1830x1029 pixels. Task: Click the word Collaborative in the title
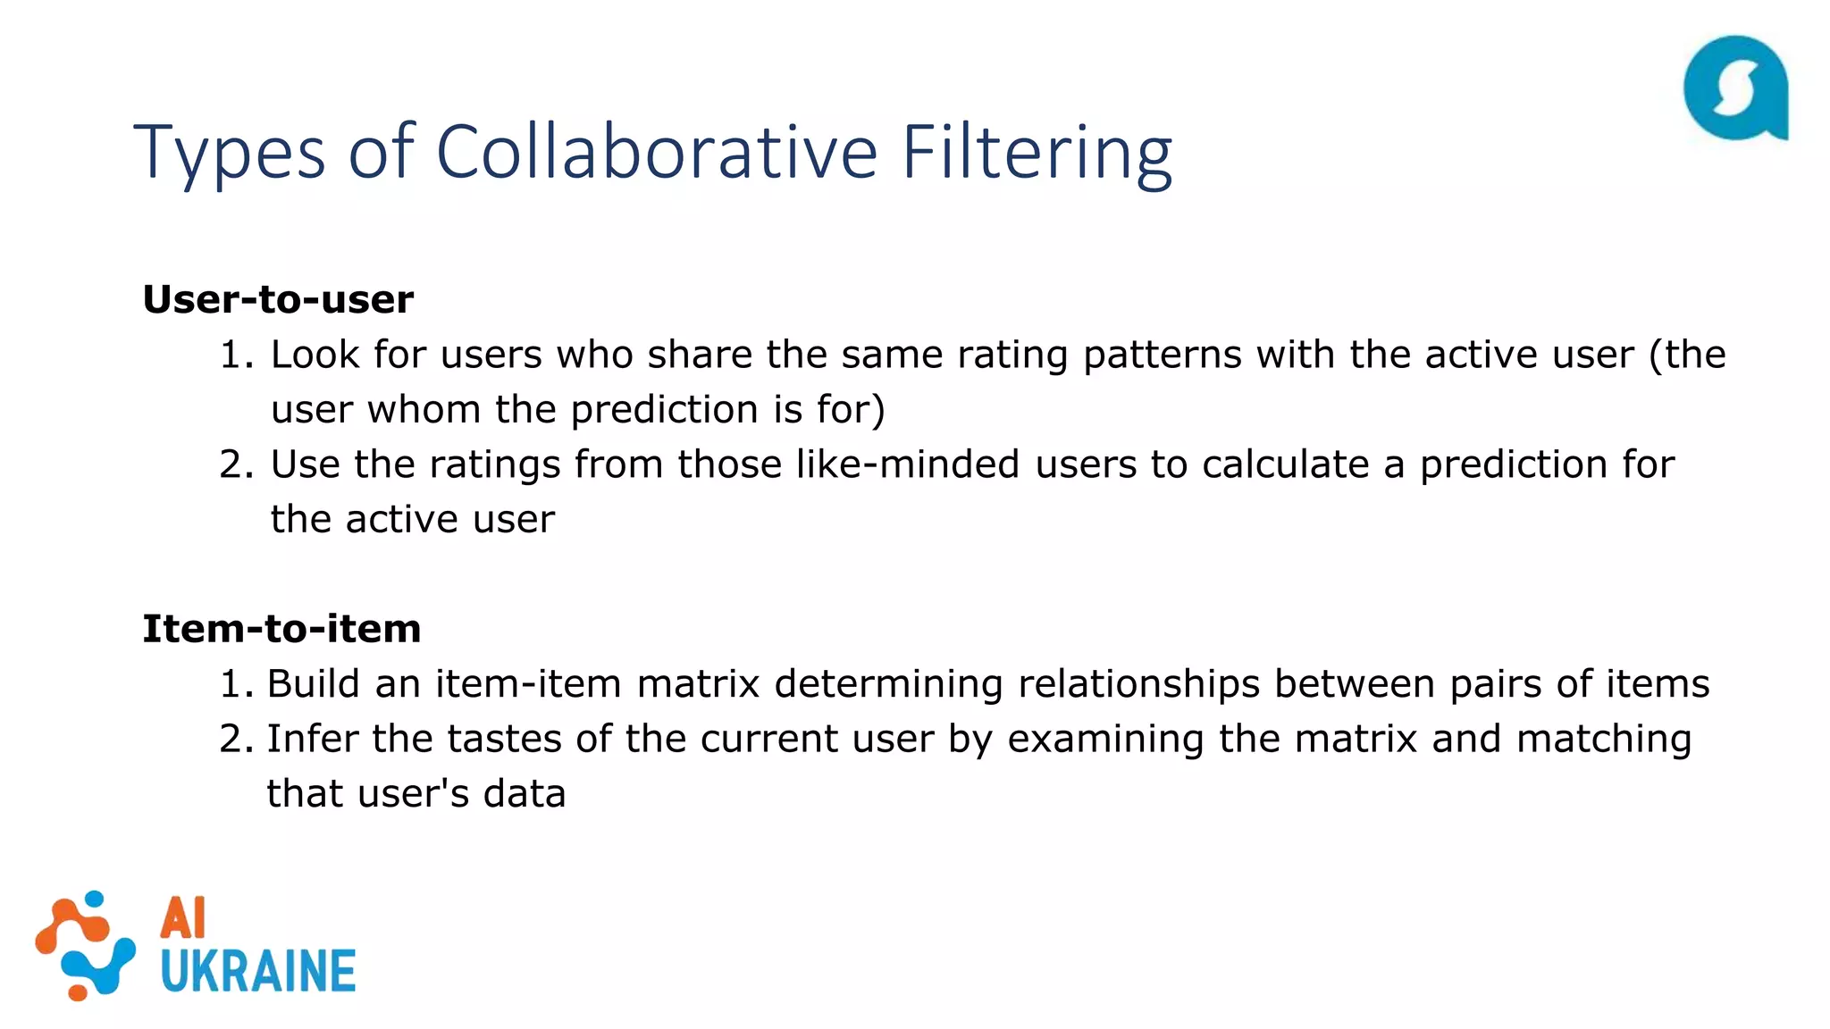coord(657,152)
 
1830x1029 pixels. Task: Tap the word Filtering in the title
coord(1036,152)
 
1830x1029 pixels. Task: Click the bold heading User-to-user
coord(278,299)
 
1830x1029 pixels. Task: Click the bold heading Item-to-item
coord(281,629)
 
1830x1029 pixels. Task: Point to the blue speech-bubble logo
coord(1734,88)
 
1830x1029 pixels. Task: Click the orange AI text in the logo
coord(183,918)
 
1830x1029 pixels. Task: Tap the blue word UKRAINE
coord(258,972)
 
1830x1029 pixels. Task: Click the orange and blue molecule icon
coord(85,945)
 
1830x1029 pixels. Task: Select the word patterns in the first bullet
coord(1162,356)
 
